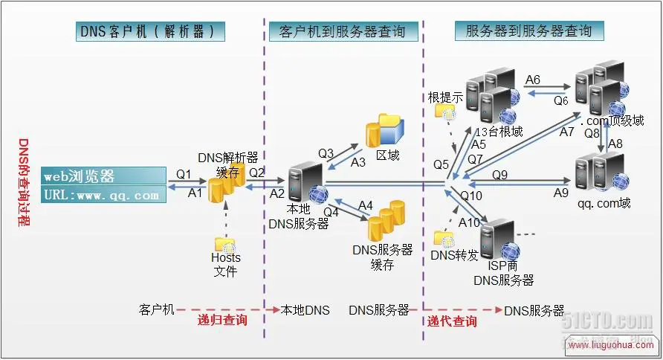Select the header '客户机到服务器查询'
(343, 31)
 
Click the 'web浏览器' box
(103, 176)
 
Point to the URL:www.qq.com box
(103, 195)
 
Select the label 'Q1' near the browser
(184, 174)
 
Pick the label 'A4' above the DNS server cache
(366, 205)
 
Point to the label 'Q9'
(499, 175)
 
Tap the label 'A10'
(469, 222)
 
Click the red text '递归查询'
(222, 321)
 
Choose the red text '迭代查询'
(452, 321)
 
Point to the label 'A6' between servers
(533, 80)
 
